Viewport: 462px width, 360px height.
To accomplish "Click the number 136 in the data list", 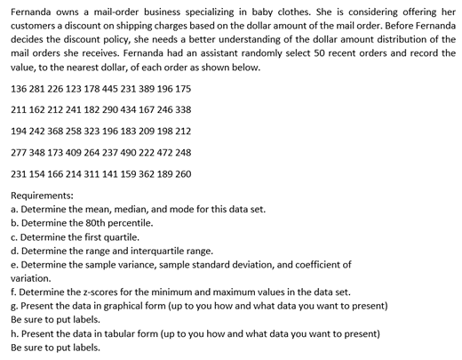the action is pyautogui.click(x=19, y=91).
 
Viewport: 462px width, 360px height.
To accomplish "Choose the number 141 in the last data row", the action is pyautogui.click(x=107, y=173).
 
